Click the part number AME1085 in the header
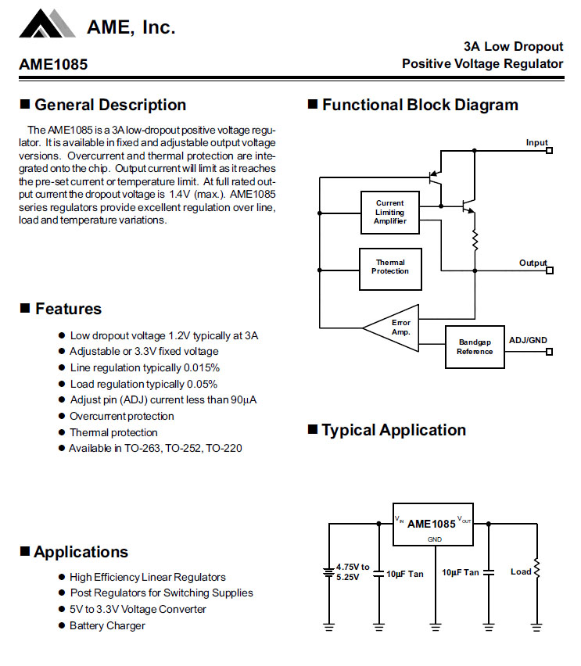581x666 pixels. click(x=53, y=65)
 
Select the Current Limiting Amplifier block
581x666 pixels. click(x=389, y=213)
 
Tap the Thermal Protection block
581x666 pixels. click(x=389, y=267)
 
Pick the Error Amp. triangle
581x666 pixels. click(x=396, y=328)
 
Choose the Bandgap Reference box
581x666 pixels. click(x=475, y=346)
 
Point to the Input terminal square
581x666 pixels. click(x=549, y=149)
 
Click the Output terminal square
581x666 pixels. click(x=549, y=270)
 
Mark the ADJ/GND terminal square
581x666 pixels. click(x=549, y=351)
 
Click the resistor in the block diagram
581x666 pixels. click(x=474, y=240)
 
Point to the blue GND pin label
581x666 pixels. click(x=434, y=539)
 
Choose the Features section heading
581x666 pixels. click(x=68, y=309)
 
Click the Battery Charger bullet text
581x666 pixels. click(x=107, y=625)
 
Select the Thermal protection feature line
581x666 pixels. click(x=113, y=432)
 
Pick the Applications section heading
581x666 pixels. click(x=81, y=553)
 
